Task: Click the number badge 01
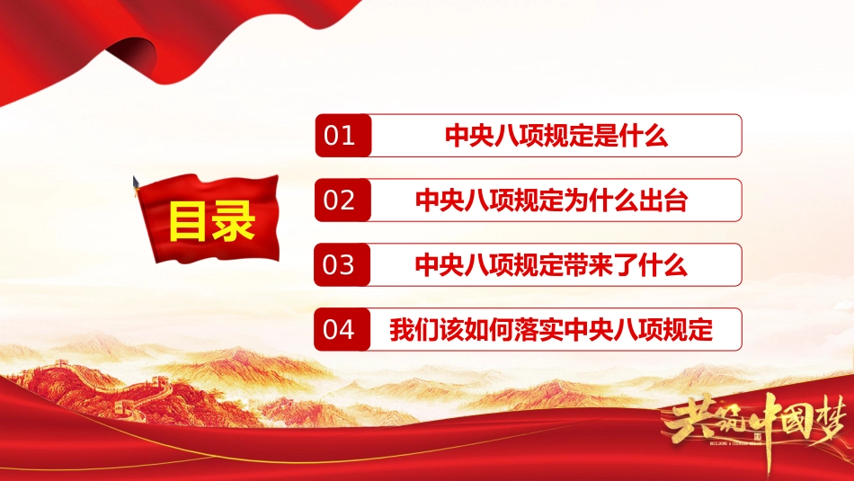pos(343,136)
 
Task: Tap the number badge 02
pos(342,200)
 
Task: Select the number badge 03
pos(342,264)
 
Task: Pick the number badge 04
pos(342,329)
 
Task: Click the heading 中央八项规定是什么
pos(556,136)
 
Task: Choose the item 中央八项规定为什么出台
pos(551,200)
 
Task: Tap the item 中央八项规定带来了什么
pos(551,264)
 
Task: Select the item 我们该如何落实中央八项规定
pos(551,330)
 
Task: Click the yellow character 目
pos(189,220)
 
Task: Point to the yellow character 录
pos(233,220)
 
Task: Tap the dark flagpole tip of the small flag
pos(135,182)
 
